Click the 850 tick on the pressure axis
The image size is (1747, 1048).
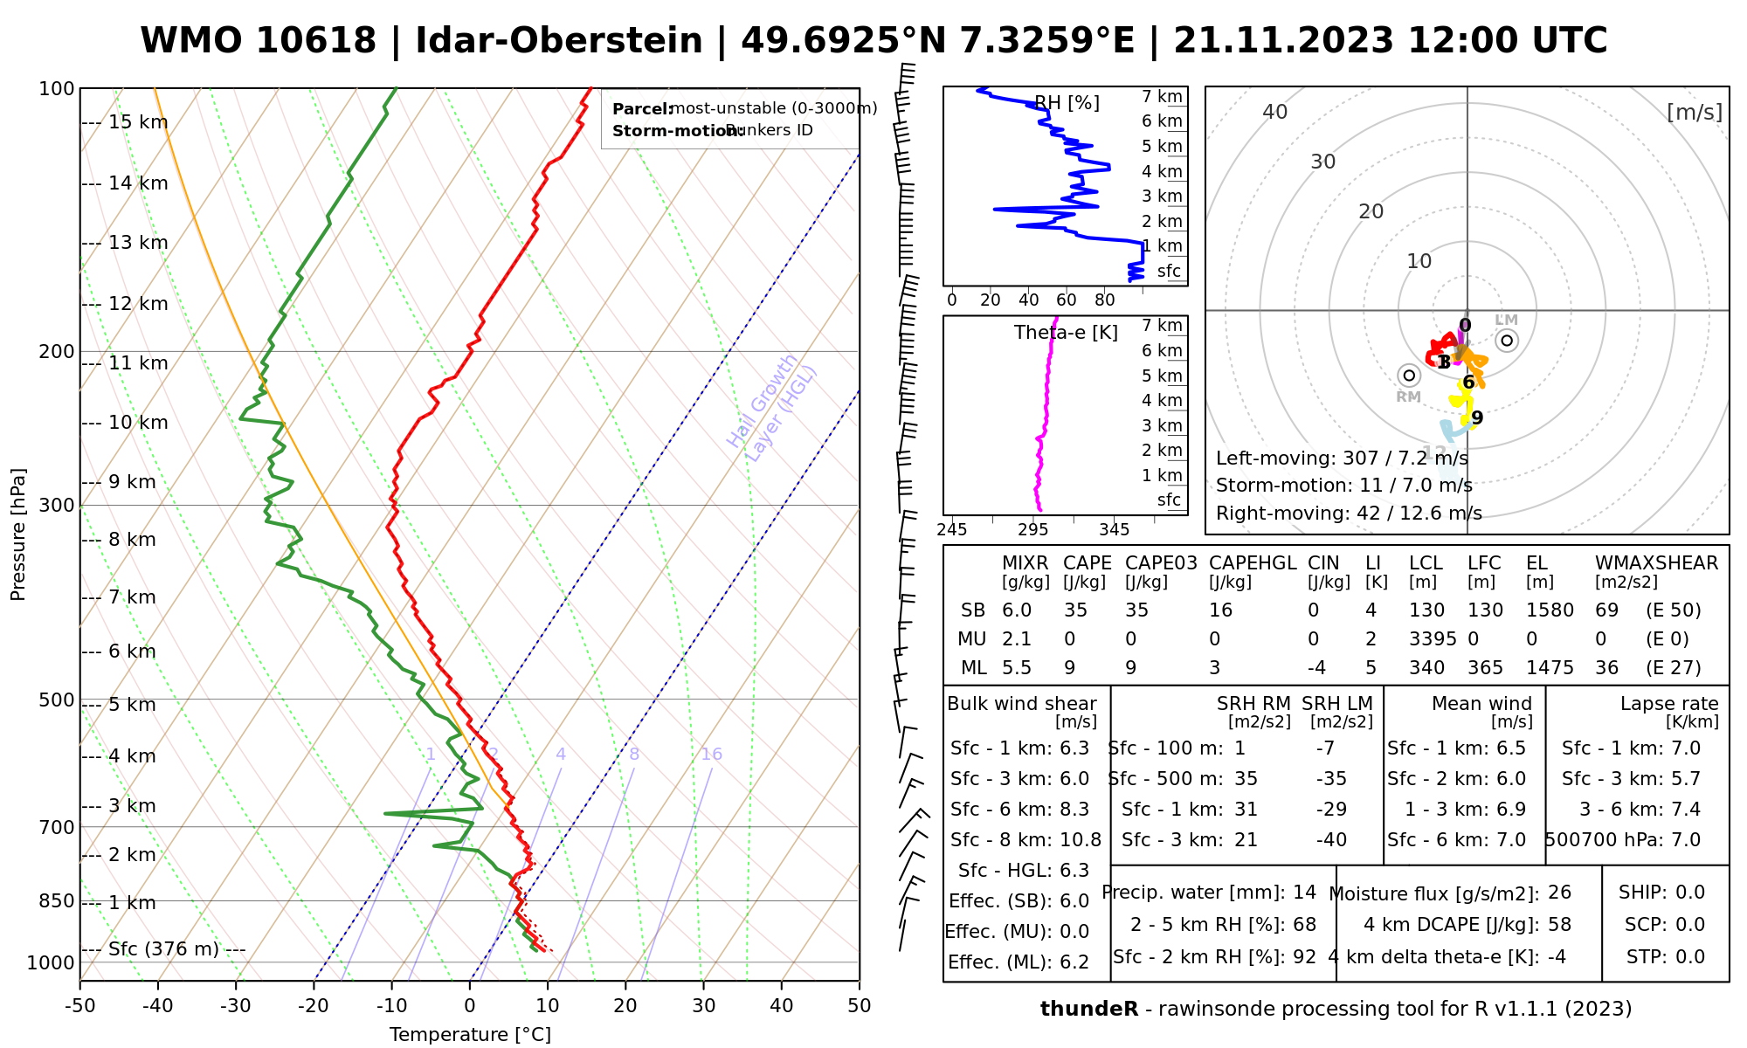tap(58, 900)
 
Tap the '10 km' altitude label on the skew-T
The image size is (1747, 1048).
tap(138, 423)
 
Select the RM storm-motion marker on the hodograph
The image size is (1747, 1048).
tap(1408, 376)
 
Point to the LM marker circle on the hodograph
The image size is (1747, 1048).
tap(1507, 341)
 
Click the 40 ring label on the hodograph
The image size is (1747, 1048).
tap(1275, 112)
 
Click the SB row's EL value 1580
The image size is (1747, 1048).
tap(1550, 610)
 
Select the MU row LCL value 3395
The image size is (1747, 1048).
tap(1433, 639)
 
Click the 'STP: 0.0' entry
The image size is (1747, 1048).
tap(1665, 957)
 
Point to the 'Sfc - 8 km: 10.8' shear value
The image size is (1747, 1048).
tap(1025, 840)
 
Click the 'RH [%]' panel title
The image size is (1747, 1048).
tap(1067, 103)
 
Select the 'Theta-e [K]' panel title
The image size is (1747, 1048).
tap(1066, 333)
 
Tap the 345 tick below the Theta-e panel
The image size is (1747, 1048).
tap(1114, 529)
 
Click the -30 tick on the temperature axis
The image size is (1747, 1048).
tap(236, 1006)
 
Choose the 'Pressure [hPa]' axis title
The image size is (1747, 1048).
tap(18, 534)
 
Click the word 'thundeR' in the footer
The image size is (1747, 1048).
tap(1088, 1010)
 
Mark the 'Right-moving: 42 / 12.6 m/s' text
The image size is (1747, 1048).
tap(1349, 513)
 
